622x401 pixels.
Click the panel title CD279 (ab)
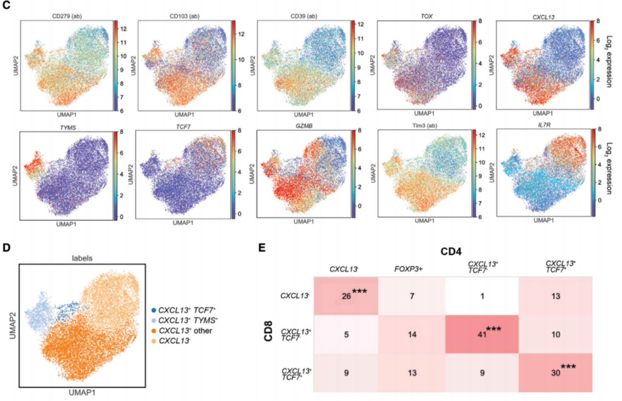pos(67,16)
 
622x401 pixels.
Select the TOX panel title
pos(427,16)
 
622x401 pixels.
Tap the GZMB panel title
pos(304,126)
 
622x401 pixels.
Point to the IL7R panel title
pos(544,125)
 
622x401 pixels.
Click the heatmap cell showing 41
pos(482,335)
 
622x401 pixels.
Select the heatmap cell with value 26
pos(346,296)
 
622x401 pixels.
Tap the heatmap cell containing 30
pos(556,373)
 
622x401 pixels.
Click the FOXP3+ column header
pos(409,269)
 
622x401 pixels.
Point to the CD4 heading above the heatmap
pos(451,252)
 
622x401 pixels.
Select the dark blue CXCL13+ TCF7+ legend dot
pos(154,310)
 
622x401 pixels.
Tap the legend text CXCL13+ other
pos(185,331)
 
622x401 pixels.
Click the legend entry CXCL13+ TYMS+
pos(188,320)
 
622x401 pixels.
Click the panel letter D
pos(6,248)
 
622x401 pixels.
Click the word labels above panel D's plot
pos(82,258)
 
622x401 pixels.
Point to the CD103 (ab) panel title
pos(184,16)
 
